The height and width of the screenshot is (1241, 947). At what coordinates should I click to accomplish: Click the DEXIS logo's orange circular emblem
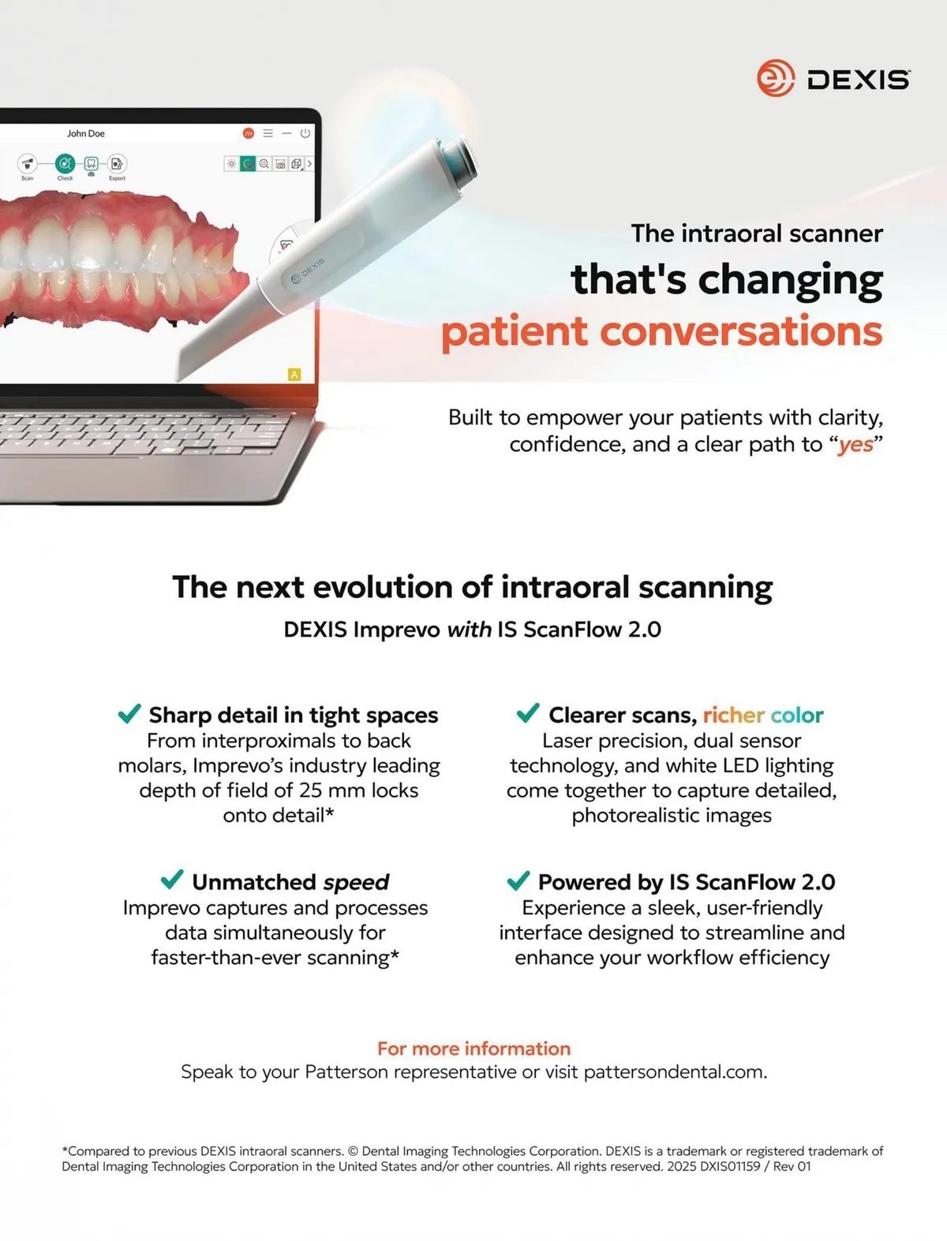point(775,78)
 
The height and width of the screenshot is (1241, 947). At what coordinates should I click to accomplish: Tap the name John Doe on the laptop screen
point(86,133)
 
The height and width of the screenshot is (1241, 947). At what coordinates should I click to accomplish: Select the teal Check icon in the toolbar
point(65,164)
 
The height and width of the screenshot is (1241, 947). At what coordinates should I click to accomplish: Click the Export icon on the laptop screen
point(117,164)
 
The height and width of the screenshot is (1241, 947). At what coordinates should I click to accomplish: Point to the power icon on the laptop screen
point(305,133)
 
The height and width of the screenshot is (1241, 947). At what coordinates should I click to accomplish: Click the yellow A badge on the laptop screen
point(294,374)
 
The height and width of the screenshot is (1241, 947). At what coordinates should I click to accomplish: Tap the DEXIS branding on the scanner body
point(308,271)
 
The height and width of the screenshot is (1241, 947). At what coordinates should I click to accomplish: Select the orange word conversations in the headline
point(741,331)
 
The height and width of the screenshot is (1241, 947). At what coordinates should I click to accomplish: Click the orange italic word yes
point(856,445)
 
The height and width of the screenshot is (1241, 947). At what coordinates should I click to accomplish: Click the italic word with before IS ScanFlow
point(470,630)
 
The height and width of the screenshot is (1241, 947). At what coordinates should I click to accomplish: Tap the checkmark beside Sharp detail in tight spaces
point(129,713)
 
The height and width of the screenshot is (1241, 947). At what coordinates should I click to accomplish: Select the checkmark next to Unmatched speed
point(172,879)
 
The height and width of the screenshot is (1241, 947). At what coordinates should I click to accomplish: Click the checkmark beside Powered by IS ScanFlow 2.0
point(518,880)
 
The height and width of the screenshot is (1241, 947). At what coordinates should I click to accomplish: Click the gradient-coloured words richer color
point(762,716)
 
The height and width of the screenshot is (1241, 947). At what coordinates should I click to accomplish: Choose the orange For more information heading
point(473,1048)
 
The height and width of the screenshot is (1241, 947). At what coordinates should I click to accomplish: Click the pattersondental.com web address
point(675,1072)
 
